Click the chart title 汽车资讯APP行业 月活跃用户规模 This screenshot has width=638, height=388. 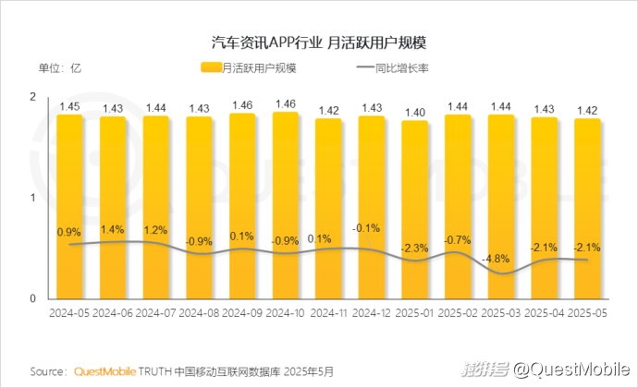tap(320, 42)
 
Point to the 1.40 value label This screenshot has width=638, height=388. tap(415, 112)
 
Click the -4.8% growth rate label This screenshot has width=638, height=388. tap(501, 258)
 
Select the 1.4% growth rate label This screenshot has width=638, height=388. tap(113, 229)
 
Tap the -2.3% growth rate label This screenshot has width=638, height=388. tap(415, 248)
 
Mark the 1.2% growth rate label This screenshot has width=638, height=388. tap(155, 230)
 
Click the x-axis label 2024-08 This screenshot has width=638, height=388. tap(199, 314)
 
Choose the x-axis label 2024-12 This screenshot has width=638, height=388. tap(372, 314)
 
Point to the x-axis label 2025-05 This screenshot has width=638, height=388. tap(588, 314)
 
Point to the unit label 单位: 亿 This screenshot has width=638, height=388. tap(60, 67)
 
